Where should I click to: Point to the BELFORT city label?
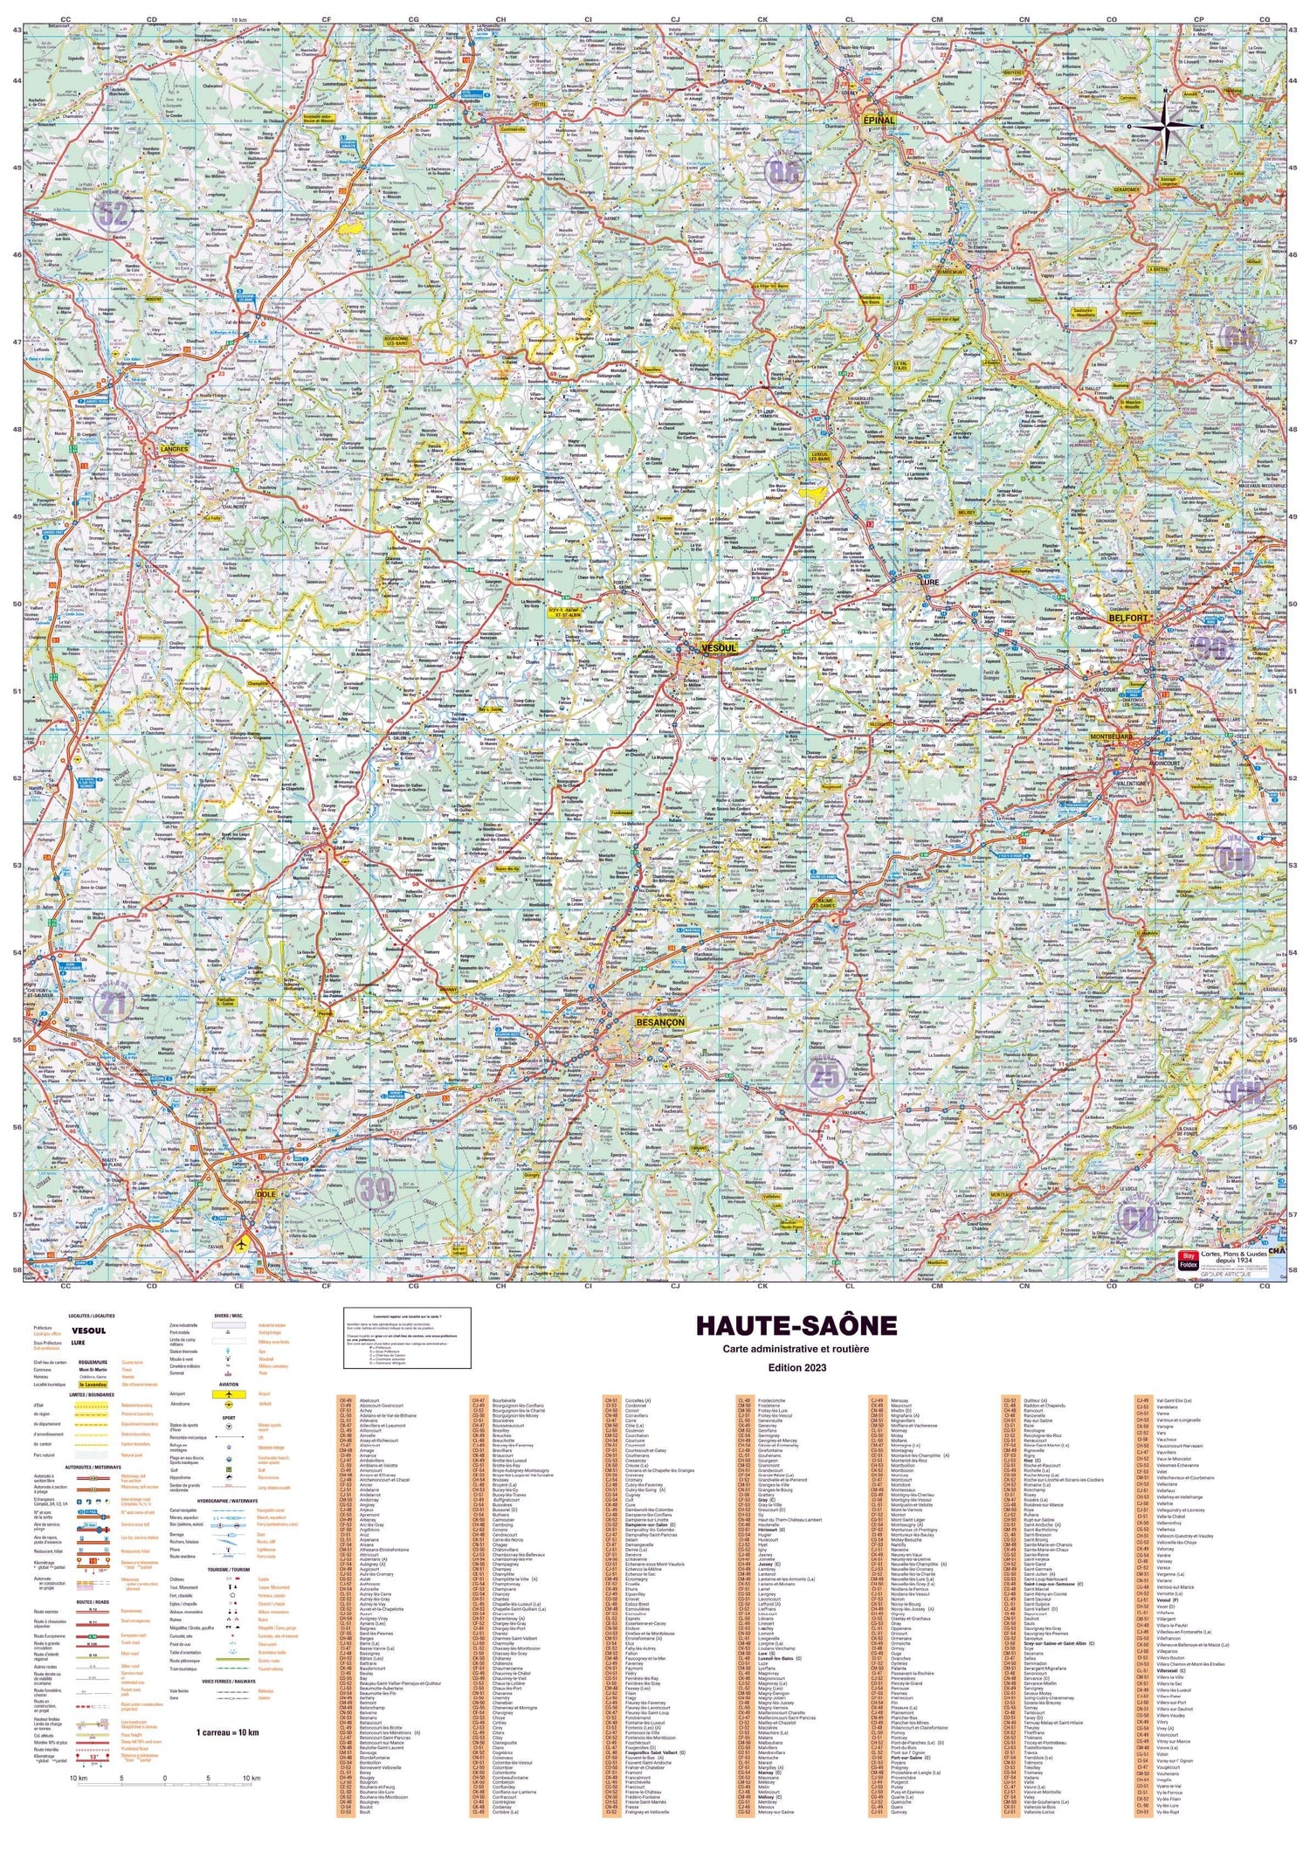click(x=1127, y=618)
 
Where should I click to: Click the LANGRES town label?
click(x=176, y=449)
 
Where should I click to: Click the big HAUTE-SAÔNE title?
click(x=796, y=1324)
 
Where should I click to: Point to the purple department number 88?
click(x=783, y=171)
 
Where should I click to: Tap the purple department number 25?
click(x=824, y=1076)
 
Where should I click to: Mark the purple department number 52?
click(x=114, y=212)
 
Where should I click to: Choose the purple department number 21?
click(x=114, y=1004)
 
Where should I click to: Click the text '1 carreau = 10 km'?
click(x=227, y=1731)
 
